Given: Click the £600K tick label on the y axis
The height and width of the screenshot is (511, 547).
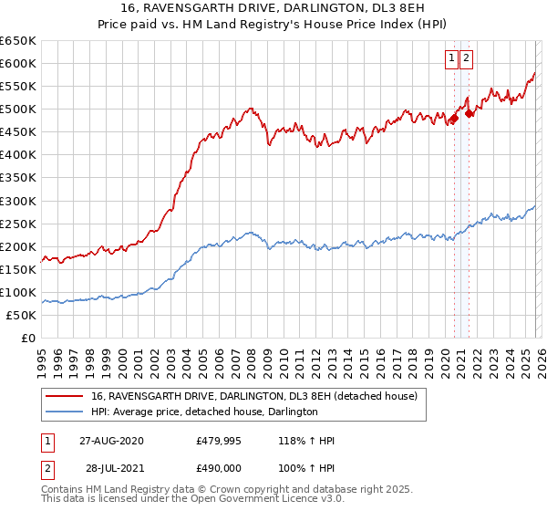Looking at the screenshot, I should (x=18, y=64).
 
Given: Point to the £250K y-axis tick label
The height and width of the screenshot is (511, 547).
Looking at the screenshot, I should (x=18, y=224).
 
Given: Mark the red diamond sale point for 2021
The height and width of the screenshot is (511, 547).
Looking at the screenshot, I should (x=469, y=113).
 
